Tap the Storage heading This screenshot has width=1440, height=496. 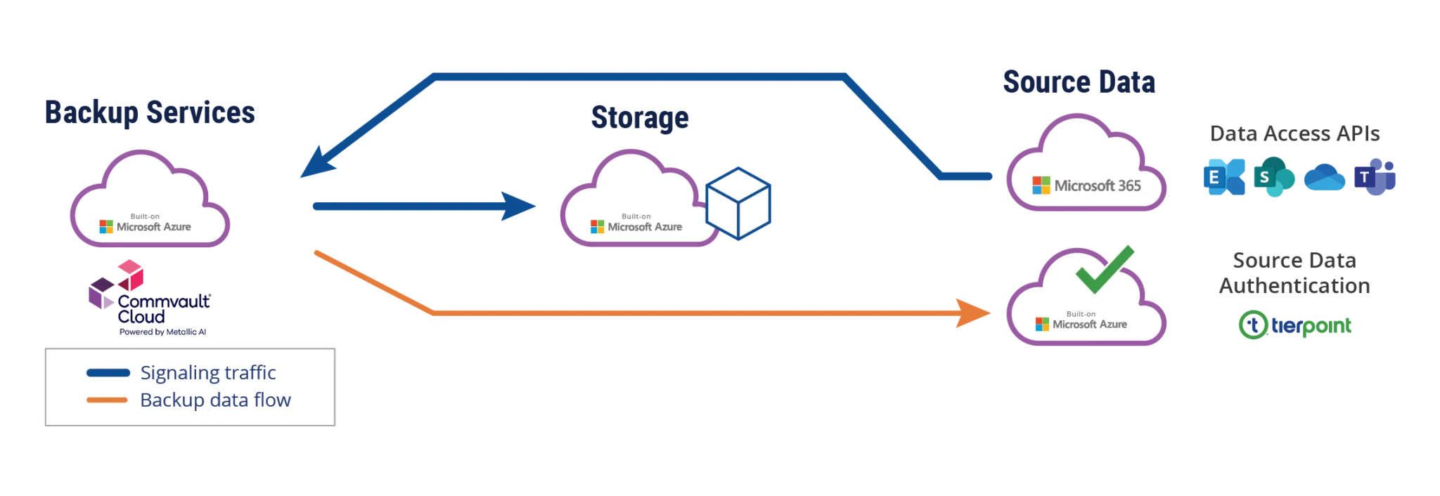[x=641, y=117]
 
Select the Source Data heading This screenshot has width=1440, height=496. [x=1079, y=82]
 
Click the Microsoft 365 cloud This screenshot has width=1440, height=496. [x=1086, y=165]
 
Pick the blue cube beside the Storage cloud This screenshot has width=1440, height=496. [x=738, y=203]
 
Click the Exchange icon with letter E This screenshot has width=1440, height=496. [x=1224, y=177]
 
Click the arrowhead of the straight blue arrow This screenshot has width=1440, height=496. [x=520, y=206]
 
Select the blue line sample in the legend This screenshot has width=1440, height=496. [x=108, y=373]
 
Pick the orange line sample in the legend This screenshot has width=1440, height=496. [x=107, y=400]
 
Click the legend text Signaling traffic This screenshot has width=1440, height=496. [x=207, y=372]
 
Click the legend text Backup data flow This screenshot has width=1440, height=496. [x=215, y=400]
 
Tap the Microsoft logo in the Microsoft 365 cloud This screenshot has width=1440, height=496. [x=1041, y=185]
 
